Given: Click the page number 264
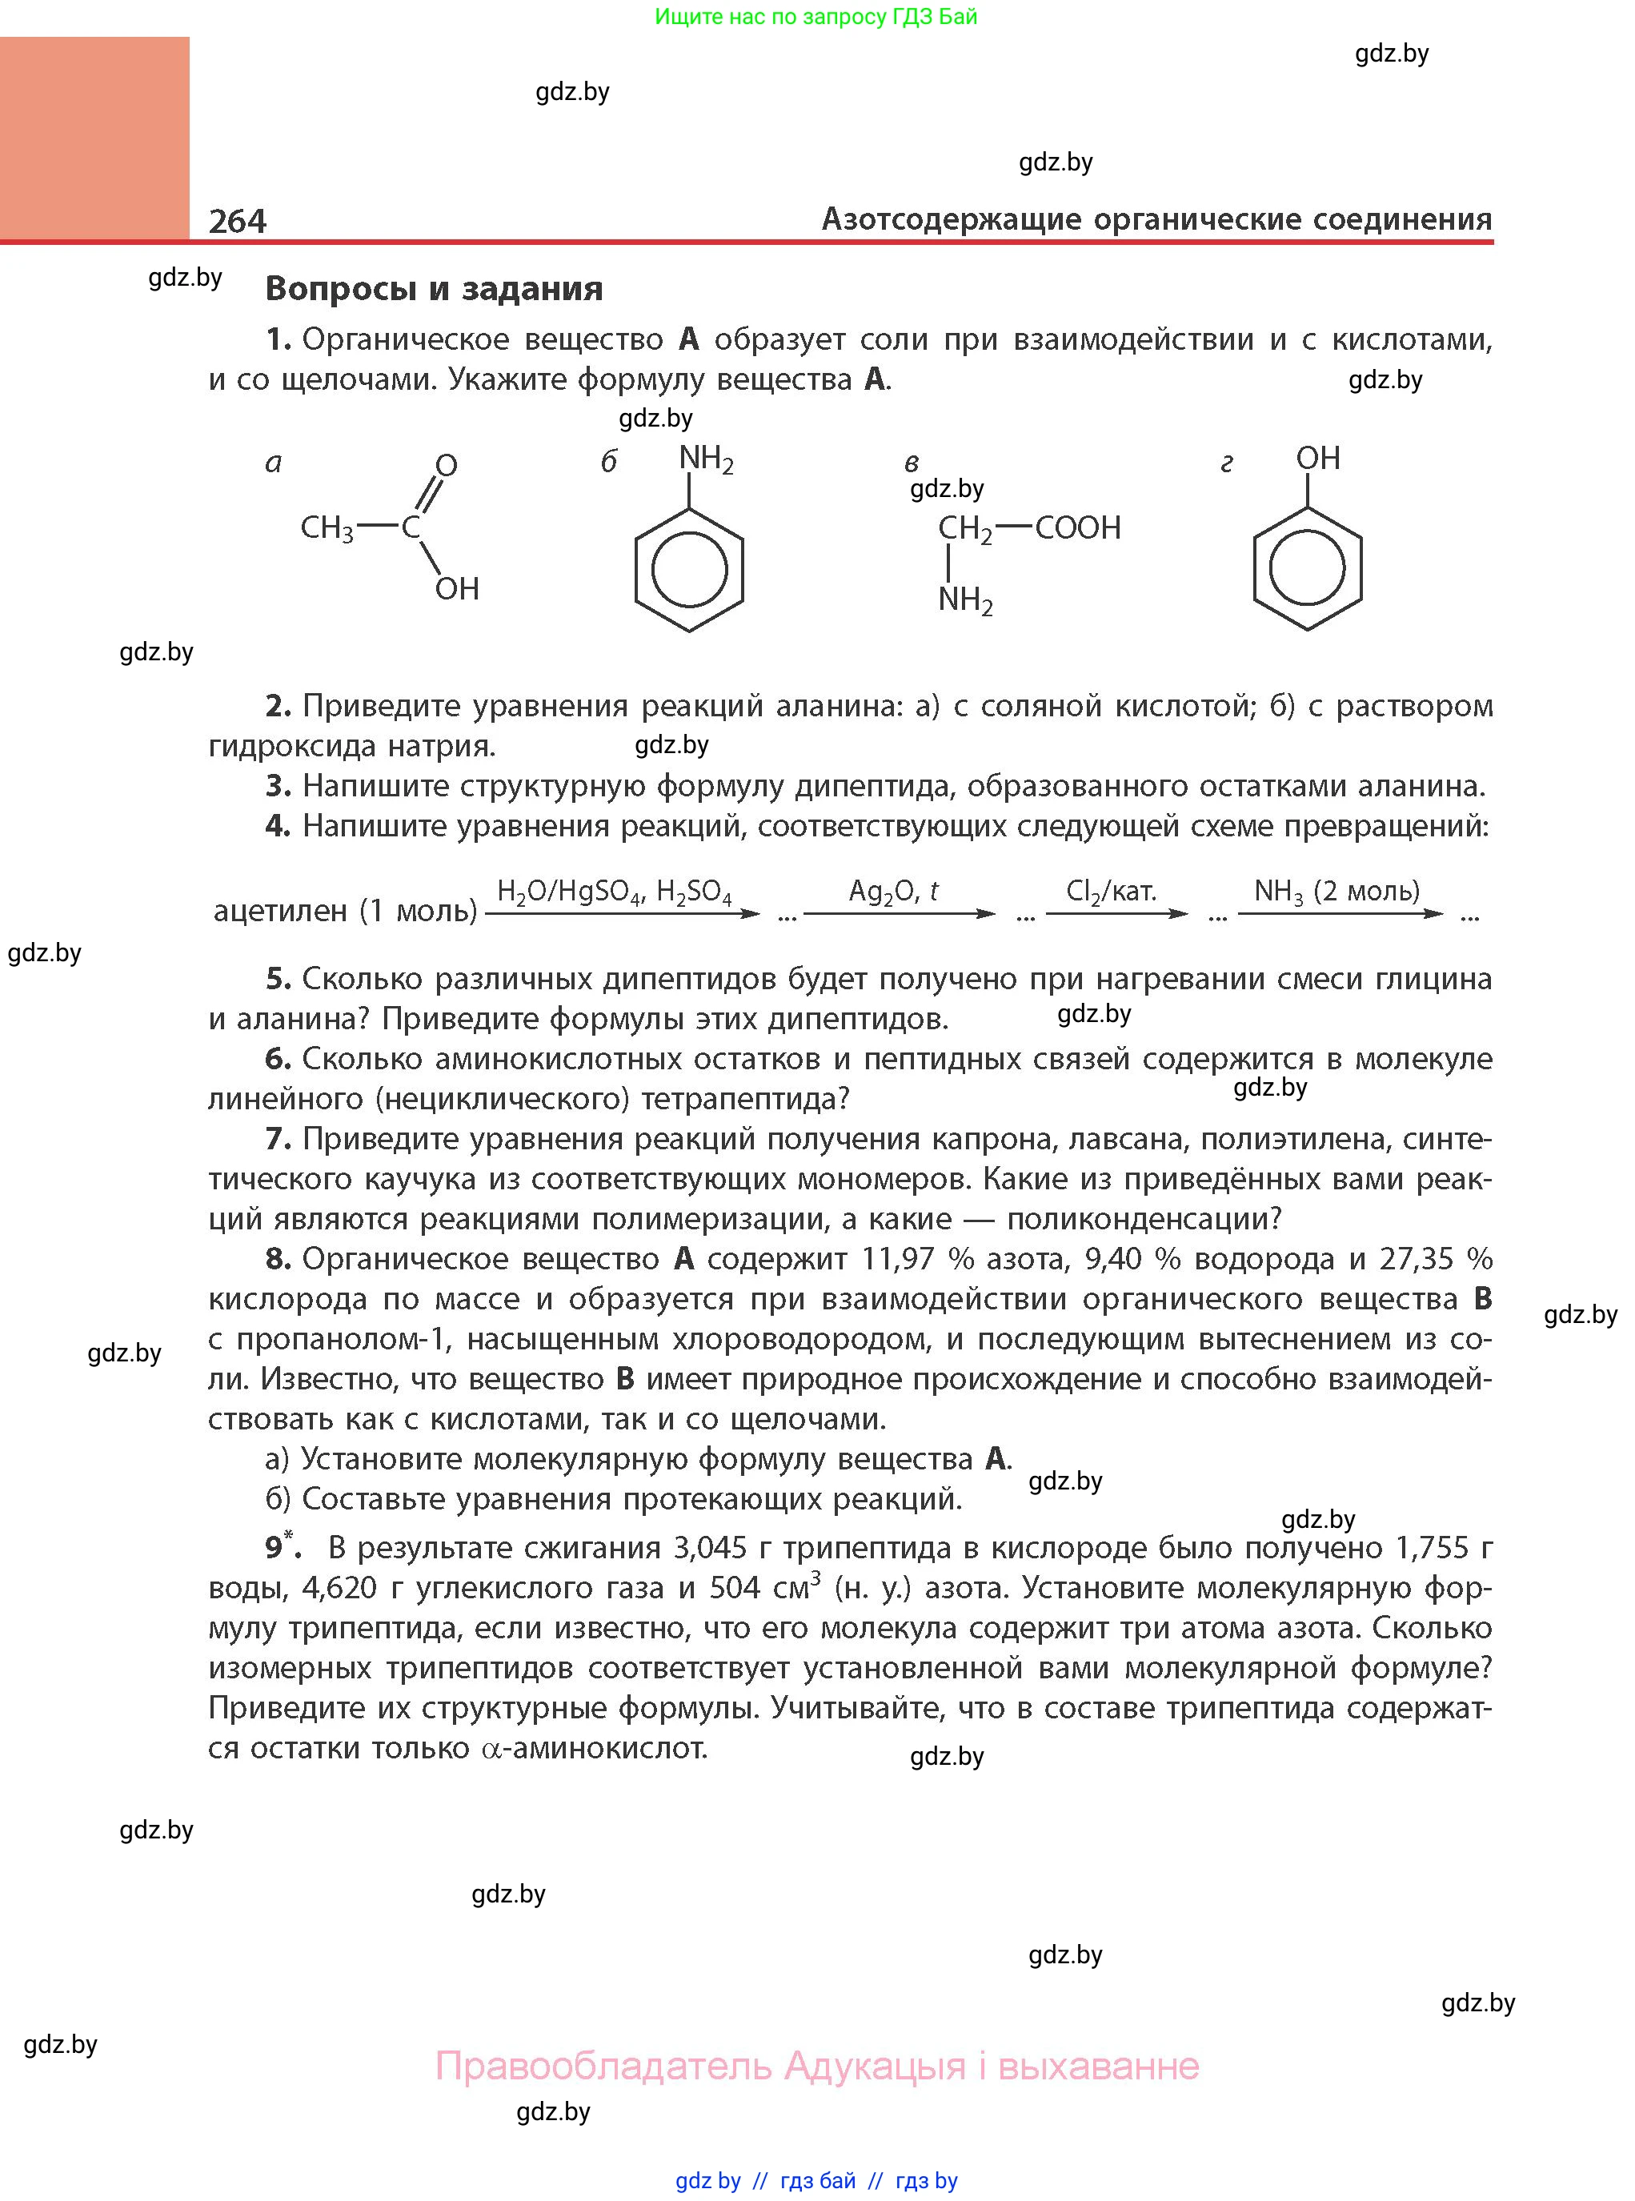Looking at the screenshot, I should pos(238,220).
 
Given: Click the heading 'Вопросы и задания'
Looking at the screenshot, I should pos(434,288).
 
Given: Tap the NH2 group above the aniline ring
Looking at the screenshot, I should pos(705,459).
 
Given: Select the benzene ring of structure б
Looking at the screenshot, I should pos(689,570).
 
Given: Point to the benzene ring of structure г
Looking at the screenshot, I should pos(1308,569).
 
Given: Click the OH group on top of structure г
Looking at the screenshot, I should pos(1317,459).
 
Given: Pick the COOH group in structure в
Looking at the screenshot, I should pos(1078,527).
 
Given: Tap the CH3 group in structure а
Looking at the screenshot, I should pos(327,528).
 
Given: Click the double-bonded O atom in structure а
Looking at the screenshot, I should pos(447,465).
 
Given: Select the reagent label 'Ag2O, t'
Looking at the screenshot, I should pos(892,892).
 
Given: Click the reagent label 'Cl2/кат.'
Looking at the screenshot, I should pos(1111,892).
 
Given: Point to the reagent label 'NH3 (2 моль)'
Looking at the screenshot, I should pos(1336,892).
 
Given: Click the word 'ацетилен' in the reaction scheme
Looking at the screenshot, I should pos(280,911).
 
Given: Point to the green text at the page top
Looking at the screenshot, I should pos(815,17).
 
